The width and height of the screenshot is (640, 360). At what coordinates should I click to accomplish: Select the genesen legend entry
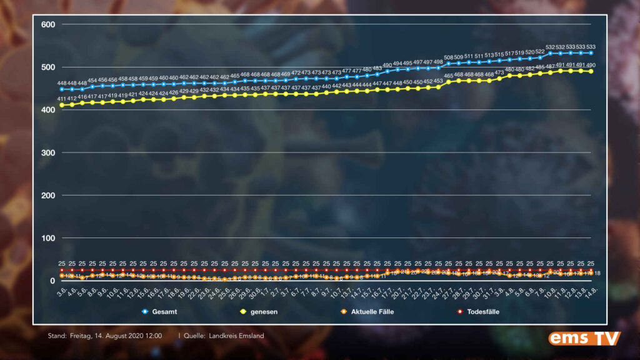(x=262, y=311)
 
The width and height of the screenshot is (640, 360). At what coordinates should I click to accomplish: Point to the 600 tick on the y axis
(x=49, y=24)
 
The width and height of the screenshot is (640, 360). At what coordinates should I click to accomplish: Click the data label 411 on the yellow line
(x=62, y=99)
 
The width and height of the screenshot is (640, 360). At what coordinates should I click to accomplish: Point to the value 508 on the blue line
(x=449, y=57)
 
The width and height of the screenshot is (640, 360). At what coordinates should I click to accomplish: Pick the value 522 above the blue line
(x=540, y=51)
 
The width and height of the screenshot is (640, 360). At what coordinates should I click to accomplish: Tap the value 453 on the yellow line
(x=438, y=81)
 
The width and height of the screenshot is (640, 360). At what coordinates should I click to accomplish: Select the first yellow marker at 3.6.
(x=62, y=105)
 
